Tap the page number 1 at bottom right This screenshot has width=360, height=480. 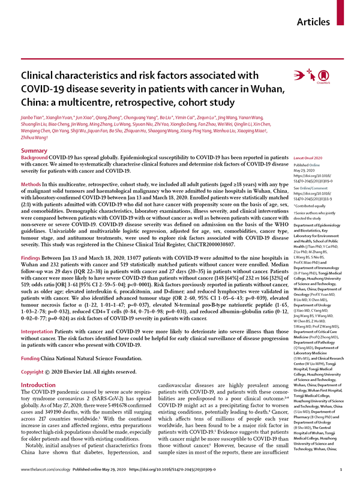(340, 469)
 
